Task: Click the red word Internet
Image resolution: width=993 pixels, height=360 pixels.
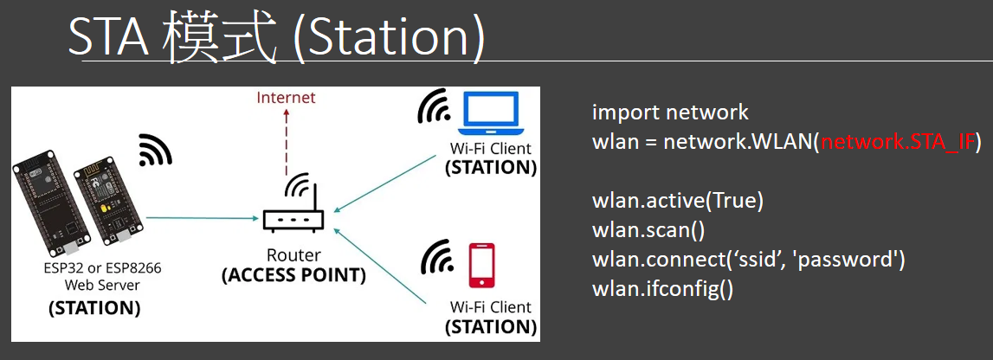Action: pyautogui.click(x=286, y=98)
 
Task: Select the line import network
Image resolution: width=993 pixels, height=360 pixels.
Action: pyautogui.click(x=671, y=112)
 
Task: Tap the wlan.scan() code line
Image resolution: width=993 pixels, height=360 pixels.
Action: pyautogui.click(x=648, y=230)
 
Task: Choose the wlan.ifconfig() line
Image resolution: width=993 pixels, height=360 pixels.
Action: pyautogui.click(x=662, y=290)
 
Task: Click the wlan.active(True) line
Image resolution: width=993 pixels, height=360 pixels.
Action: pyautogui.click(x=678, y=201)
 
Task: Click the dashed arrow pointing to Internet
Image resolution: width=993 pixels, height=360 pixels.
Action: pyautogui.click(x=287, y=141)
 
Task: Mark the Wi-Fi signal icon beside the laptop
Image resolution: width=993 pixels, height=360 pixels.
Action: pyautogui.click(x=433, y=107)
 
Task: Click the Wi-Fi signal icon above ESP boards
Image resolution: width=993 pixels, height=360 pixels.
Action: pyautogui.click(x=155, y=151)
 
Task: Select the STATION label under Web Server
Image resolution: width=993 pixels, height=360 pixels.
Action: pyautogui.click(x=95, y=309)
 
